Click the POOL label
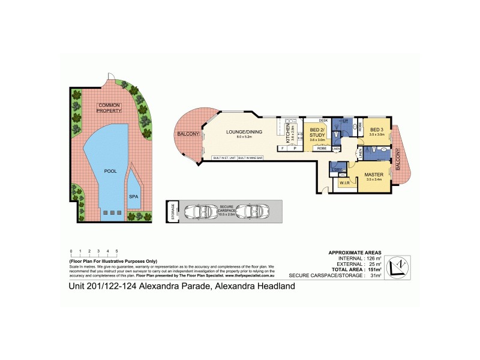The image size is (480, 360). [x=110, y=170]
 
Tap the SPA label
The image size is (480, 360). [x=133, y=196]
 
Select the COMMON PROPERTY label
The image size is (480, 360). [x=110, y=108]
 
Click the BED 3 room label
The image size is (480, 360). [x=376, y=131]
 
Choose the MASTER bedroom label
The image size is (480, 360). [x=373, y=175]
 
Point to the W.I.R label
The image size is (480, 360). [x=345, y=183]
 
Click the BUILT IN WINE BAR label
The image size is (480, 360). [x=251, y=157]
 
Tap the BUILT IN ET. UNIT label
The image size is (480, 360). [x=225, y=157]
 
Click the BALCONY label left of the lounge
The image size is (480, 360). [x=187, y=134]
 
